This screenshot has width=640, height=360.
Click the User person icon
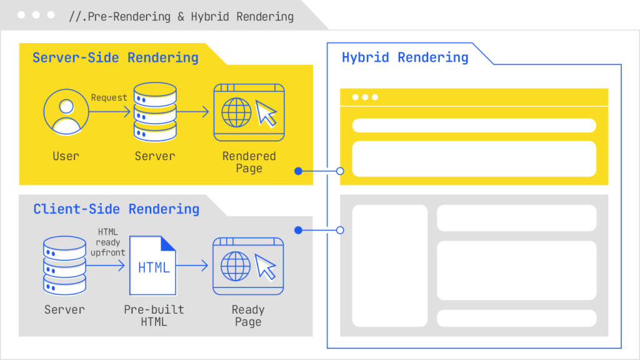tap(66, 112)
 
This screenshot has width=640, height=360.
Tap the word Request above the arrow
tap(109, 97)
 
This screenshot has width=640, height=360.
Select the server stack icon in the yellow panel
tap(155, 112)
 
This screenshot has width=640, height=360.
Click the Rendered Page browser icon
tap(249, 112)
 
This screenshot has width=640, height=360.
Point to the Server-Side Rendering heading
tap(116, 58)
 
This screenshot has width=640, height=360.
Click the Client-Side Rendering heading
tap(116, 209)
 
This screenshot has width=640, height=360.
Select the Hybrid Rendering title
tap(405, 58)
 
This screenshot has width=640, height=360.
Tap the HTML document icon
tap(152, 265)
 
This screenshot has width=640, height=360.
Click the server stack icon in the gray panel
tap(65, 265)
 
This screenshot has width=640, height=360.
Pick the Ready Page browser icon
tap(248, 266)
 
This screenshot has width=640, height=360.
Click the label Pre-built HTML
tap(154, 316)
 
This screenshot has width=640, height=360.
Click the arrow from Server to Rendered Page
tap(194, 112)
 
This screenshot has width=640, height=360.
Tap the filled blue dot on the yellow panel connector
tap(298, 171)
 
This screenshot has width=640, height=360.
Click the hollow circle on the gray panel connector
tap(340, 230)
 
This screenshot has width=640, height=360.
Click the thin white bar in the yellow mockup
tap(474, 126)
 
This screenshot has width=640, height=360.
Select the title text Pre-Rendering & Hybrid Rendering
tap(181, 17)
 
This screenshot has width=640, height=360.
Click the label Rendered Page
tap(249, 162)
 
